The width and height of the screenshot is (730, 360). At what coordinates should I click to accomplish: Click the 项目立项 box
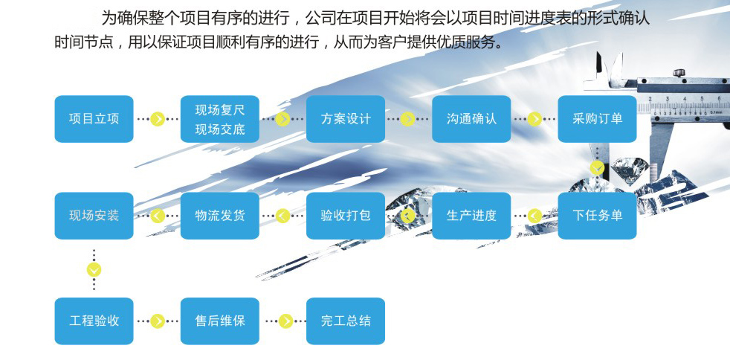tap(94, 119)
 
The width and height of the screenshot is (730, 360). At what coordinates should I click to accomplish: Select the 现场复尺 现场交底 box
tap(220, 119)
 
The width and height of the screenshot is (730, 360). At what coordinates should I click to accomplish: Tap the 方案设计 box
tap(346, 119)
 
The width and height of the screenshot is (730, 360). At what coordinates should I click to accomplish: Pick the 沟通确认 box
tap(471, 119)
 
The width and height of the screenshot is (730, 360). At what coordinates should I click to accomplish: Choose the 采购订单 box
tap(598, 119)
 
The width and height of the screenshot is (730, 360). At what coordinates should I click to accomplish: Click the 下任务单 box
tap(598, 216)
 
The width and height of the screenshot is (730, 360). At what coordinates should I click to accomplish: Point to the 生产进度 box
tap(471, 216)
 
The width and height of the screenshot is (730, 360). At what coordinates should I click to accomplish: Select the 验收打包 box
tap(346, 216)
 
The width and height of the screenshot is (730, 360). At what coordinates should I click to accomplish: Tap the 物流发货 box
tap(220, 216)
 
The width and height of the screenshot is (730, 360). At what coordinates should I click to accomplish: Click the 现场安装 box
tap(94, 216)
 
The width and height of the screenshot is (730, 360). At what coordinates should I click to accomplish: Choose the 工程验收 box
tap(94, 321)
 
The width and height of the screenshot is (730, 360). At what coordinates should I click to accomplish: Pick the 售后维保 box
tap(220, 321)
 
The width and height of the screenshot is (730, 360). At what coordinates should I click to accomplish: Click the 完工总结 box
tap(346, 321)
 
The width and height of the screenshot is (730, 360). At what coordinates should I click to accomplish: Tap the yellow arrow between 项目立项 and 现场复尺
tap(158, 119)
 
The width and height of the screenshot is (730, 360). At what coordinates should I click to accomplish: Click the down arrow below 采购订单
tap(598, 167)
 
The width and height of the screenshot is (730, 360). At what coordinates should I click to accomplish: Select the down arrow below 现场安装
tap(94, 270)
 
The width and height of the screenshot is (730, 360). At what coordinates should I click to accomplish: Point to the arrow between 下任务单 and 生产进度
tap(534, 216)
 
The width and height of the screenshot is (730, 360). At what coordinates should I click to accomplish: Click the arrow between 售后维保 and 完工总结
tap(285, 321)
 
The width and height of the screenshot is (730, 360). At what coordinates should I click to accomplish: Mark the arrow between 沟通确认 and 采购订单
tap(534, 119)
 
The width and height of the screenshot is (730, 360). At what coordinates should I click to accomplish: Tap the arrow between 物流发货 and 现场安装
tap(158, 216)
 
